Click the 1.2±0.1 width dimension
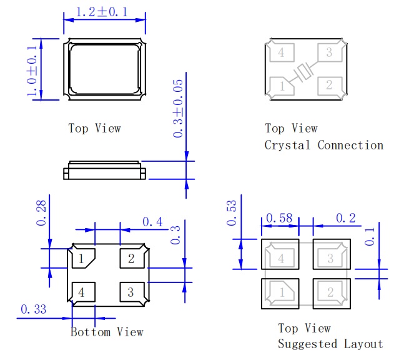tap(104, 12)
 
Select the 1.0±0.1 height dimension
tap(32, 69)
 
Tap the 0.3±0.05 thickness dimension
tap(179, 107)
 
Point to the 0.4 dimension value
tap(152, 222)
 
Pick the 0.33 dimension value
tap(34, 309)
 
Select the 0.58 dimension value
tap(279, 218)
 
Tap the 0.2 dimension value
tap(346, 218)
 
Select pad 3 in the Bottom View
tap(131, 292)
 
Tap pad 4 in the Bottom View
tap(82, 292)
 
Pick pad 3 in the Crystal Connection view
tap(329, 53)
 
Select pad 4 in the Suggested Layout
tap(280, 258)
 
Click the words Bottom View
tap(107, 332)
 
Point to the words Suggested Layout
tap(330, 344)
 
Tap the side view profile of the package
tap(104, 170)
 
